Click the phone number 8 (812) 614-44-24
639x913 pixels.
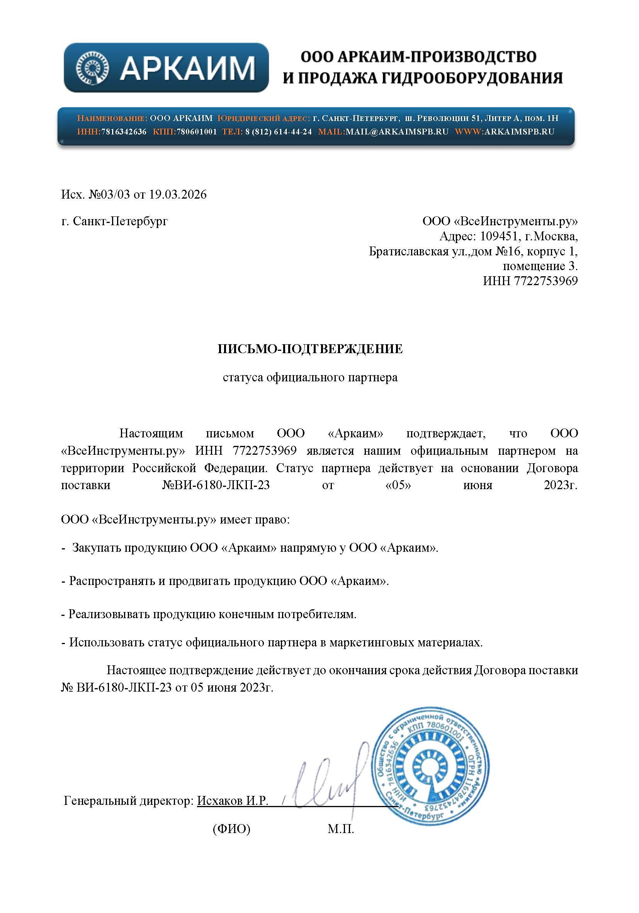click(x=278, y=132)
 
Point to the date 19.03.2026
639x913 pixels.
click(x=178, y=194)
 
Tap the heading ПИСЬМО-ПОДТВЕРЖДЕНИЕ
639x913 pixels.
click(x=310, y=349)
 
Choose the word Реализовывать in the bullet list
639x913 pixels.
click(x=109, y=614)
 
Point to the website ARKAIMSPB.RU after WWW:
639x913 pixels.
click(x=519, y=132)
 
